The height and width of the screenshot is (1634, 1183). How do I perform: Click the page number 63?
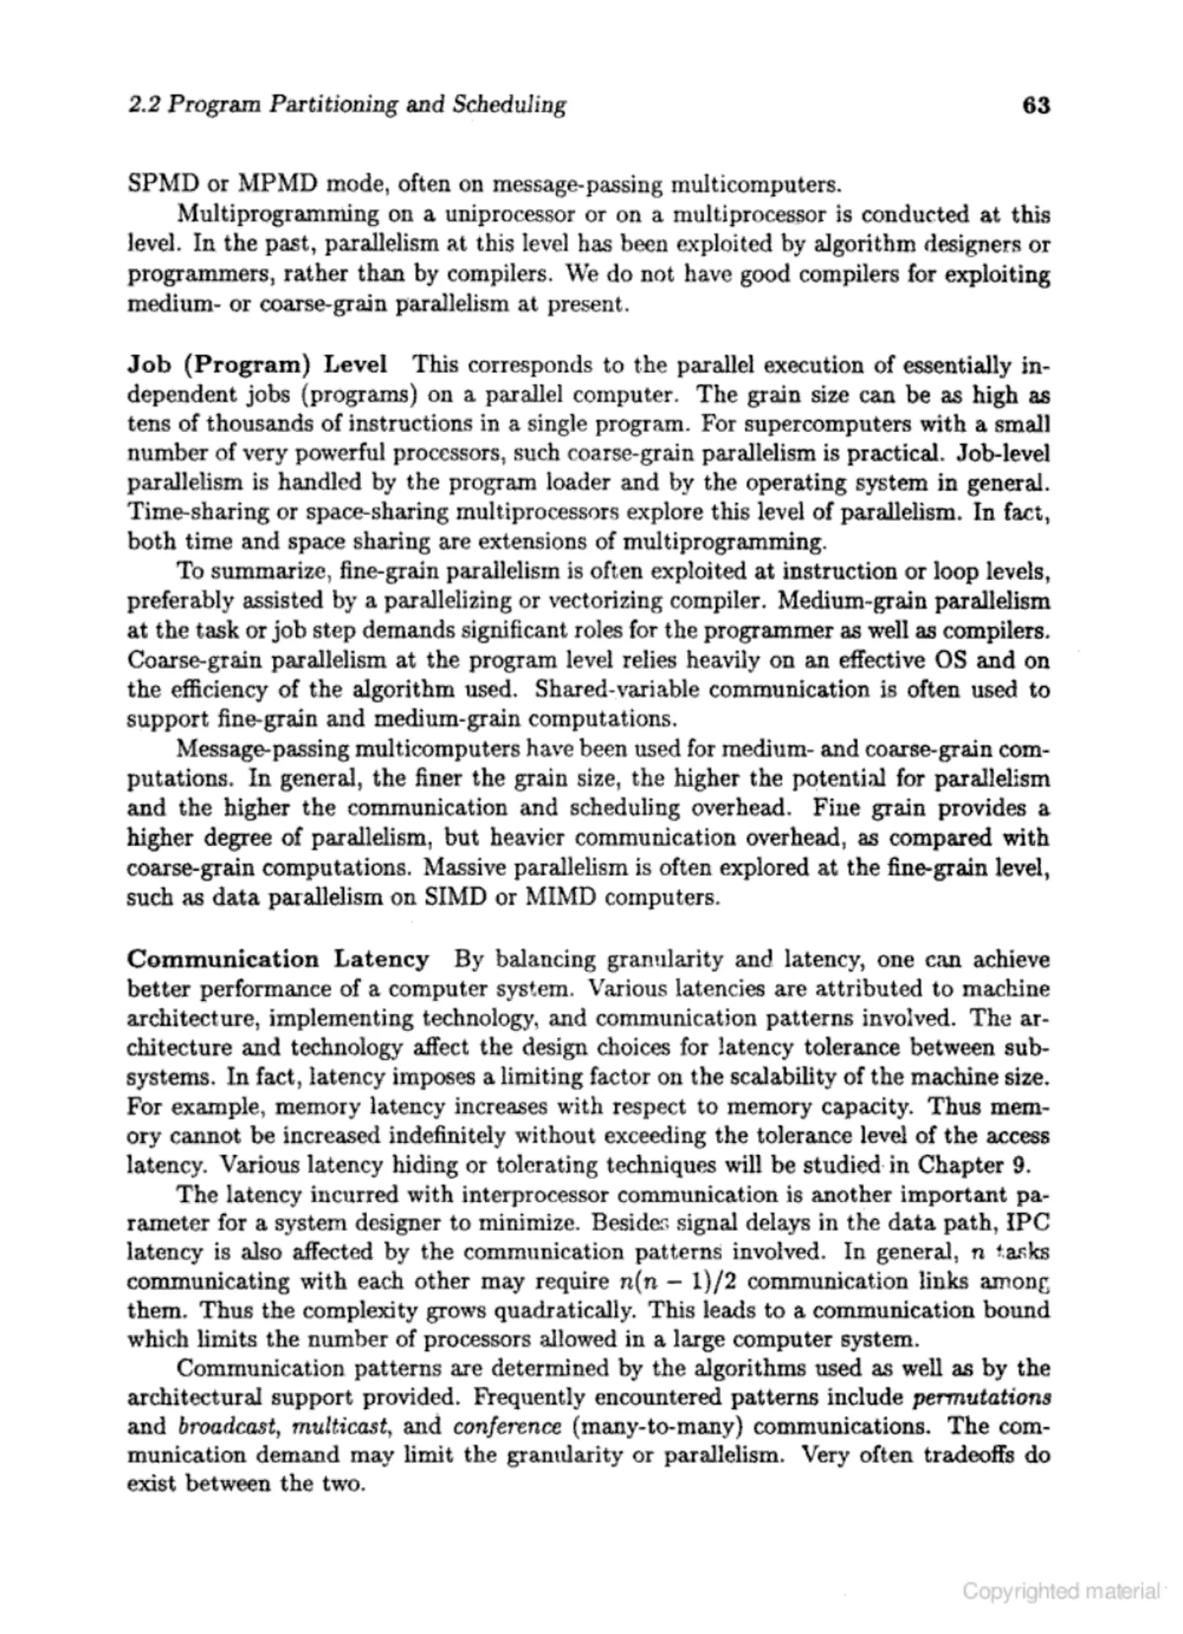(x=1035, y=106)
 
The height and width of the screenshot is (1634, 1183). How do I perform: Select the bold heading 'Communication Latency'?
(x=278, y=959)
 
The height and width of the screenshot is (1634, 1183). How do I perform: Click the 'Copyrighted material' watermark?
(x=1061, y=1590)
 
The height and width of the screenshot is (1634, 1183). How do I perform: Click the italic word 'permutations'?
(x=981, y=1398)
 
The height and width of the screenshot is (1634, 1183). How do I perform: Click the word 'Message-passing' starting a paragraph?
(x=262, y=749)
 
